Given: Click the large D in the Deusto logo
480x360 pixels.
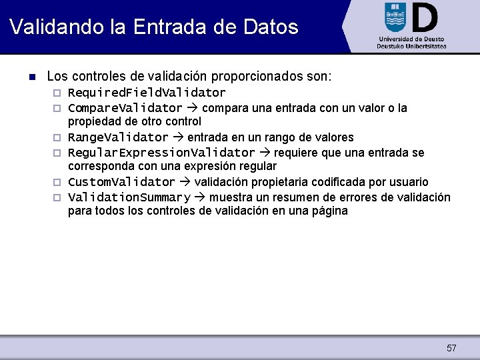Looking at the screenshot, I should point(424,17).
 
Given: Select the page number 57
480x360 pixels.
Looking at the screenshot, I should point(451,348).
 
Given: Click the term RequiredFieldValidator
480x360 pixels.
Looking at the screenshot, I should point(147,93).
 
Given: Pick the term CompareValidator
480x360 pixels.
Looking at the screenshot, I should point(125,108).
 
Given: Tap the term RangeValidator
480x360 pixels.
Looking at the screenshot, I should point(118,138).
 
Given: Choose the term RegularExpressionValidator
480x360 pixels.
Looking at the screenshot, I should point(161,153).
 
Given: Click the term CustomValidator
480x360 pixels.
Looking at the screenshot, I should point(121,183).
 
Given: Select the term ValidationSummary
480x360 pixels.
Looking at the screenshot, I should point(129,198).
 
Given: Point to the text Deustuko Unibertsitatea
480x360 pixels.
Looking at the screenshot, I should point(411,47).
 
